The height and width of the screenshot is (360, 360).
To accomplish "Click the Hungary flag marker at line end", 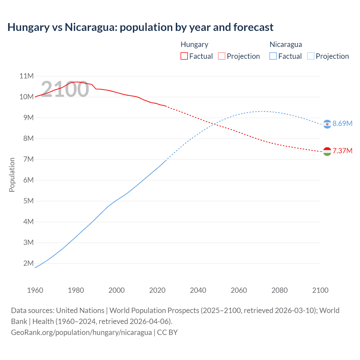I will point(327,151).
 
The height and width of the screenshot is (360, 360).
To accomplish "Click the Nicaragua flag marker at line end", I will point(327,124).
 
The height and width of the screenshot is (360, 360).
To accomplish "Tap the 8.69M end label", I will point(342,123).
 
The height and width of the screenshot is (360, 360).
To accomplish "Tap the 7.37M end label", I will point(342,151).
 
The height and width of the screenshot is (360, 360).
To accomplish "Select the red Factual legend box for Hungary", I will point(184,56).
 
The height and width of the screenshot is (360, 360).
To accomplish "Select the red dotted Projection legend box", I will point(222,56).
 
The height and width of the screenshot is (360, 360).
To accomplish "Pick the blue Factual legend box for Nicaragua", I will point(273,56).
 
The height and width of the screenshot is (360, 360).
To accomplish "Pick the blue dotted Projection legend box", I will point(310,56).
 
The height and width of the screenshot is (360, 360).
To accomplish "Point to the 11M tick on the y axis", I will point(26,76).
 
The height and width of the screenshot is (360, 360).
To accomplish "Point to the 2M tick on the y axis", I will point(28,263).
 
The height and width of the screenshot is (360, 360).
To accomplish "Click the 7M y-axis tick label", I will point(28,159).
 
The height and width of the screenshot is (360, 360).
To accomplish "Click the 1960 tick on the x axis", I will point(35,290).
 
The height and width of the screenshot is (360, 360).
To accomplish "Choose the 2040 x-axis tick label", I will point(198,290).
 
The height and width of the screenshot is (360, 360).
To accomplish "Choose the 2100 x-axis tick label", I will point(320,290).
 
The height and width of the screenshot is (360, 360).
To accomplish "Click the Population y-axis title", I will point(12,175).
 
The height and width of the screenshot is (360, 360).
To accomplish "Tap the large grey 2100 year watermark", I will point(65,89).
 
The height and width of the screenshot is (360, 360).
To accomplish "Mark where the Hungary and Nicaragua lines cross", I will point(215,123).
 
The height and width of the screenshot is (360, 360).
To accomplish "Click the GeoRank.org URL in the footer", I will point(81,332).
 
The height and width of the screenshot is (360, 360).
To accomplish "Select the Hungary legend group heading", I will point(194,44).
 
